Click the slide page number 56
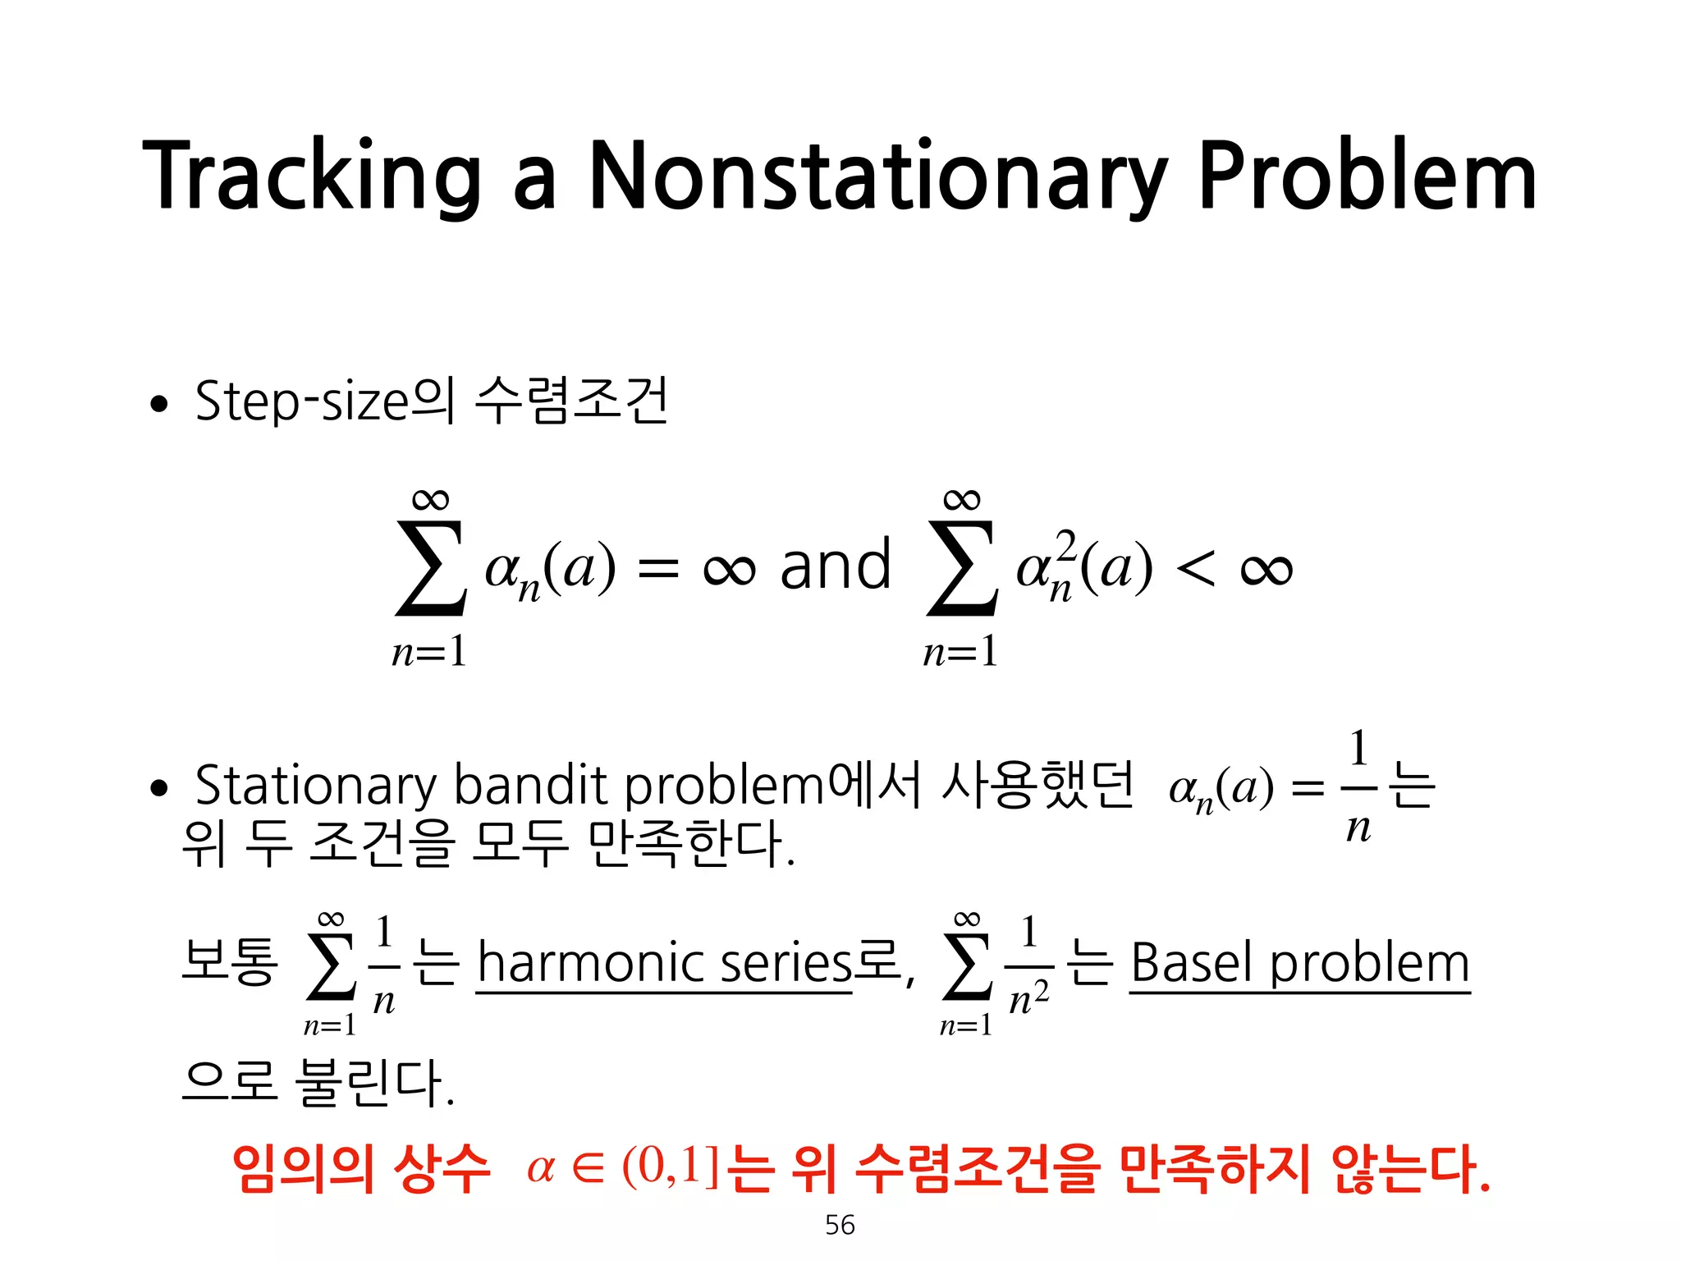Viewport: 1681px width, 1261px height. [840, 1225]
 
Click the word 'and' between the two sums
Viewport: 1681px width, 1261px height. [835, 566]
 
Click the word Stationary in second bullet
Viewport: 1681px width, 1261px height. [316, 786]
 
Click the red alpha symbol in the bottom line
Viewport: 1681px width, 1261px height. [541, 1168]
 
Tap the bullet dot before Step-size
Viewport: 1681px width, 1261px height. [159, 404]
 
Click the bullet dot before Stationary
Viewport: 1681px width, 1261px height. [159, 789]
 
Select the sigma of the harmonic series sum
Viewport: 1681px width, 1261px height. [330, 969]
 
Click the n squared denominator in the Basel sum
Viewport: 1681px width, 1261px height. [1028, 997]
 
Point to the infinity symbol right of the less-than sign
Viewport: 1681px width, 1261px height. [1266, 568]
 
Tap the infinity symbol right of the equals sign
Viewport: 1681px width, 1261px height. [729, 568]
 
